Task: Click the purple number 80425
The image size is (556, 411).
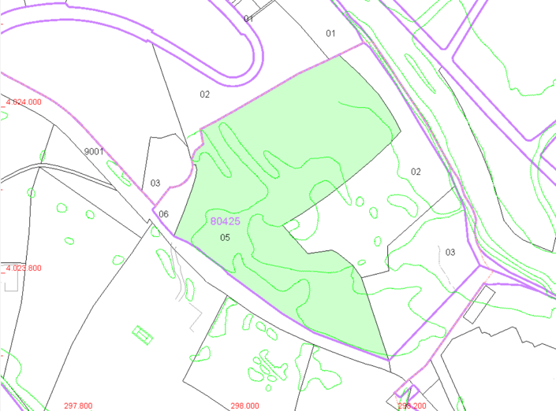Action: [x=226, y=221]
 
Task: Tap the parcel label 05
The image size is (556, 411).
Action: [x=225, y=237]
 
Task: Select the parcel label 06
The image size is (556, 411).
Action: [x=163, y=214]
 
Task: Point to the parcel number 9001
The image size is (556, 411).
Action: [x=94, y=151]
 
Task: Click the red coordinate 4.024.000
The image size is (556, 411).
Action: [x=24, y=102]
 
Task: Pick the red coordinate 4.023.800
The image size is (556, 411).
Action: [x=24, y=268]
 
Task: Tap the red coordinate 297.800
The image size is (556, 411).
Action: [x=78, y=405]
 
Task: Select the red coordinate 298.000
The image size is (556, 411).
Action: [x=244, y=405]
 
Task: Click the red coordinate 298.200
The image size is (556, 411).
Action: [x=411, y=405]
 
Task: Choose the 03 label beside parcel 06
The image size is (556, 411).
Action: [x=155, y=183]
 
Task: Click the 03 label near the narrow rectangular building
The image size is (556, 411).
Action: [x=450, y=252]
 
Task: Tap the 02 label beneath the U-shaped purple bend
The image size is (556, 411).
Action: [x=204, y=94]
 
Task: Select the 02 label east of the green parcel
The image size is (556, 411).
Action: [x=416, y=172]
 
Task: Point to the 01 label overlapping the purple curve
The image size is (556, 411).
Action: [x=249, y=17]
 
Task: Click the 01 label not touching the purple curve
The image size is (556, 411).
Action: [x=330, y=33]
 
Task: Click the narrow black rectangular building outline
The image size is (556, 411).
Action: [x=479, y=303]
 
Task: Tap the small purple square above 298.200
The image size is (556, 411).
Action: [x=407, y=389]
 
